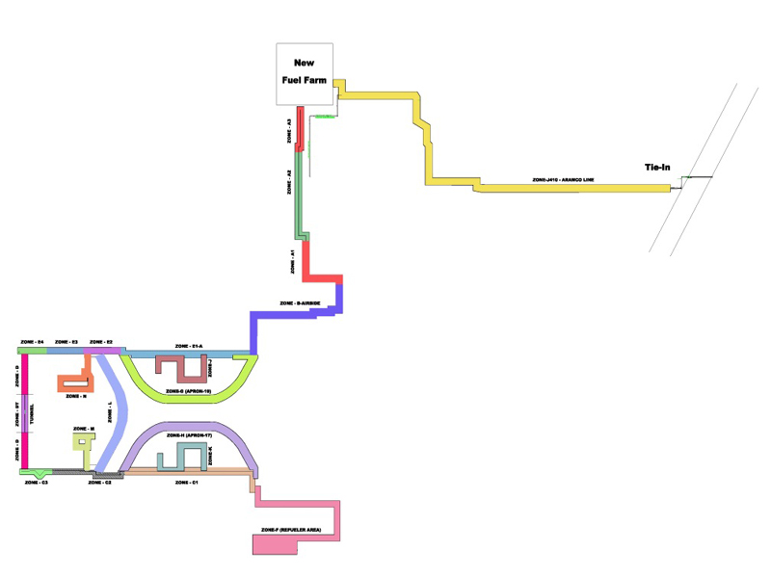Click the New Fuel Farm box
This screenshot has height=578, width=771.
305,73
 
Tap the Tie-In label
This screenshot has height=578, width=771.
657,168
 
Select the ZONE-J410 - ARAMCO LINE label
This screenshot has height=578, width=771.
563,180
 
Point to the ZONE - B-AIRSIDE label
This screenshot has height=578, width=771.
299,303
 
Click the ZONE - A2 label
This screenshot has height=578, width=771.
289,184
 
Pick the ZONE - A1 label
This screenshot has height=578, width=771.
290,259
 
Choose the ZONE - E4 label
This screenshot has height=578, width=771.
33,342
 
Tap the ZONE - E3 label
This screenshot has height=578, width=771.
66,342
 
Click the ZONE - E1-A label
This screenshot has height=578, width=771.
189,345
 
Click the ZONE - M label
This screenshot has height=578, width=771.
84,429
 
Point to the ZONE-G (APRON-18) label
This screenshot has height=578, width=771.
188,391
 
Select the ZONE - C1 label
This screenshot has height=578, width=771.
187,481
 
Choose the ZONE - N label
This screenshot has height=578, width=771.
76,396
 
